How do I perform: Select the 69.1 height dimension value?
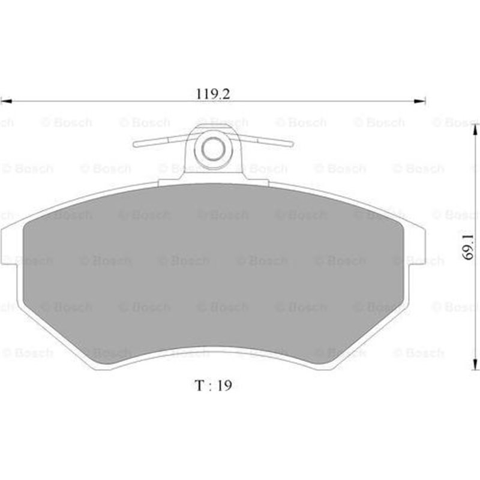(x=467, y=247)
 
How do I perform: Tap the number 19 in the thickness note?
(x=224, y=385)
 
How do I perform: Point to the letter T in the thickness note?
(x=199, y=385)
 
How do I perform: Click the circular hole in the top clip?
(x=212, y=148)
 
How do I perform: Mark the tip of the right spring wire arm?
(x=292, y=144)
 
